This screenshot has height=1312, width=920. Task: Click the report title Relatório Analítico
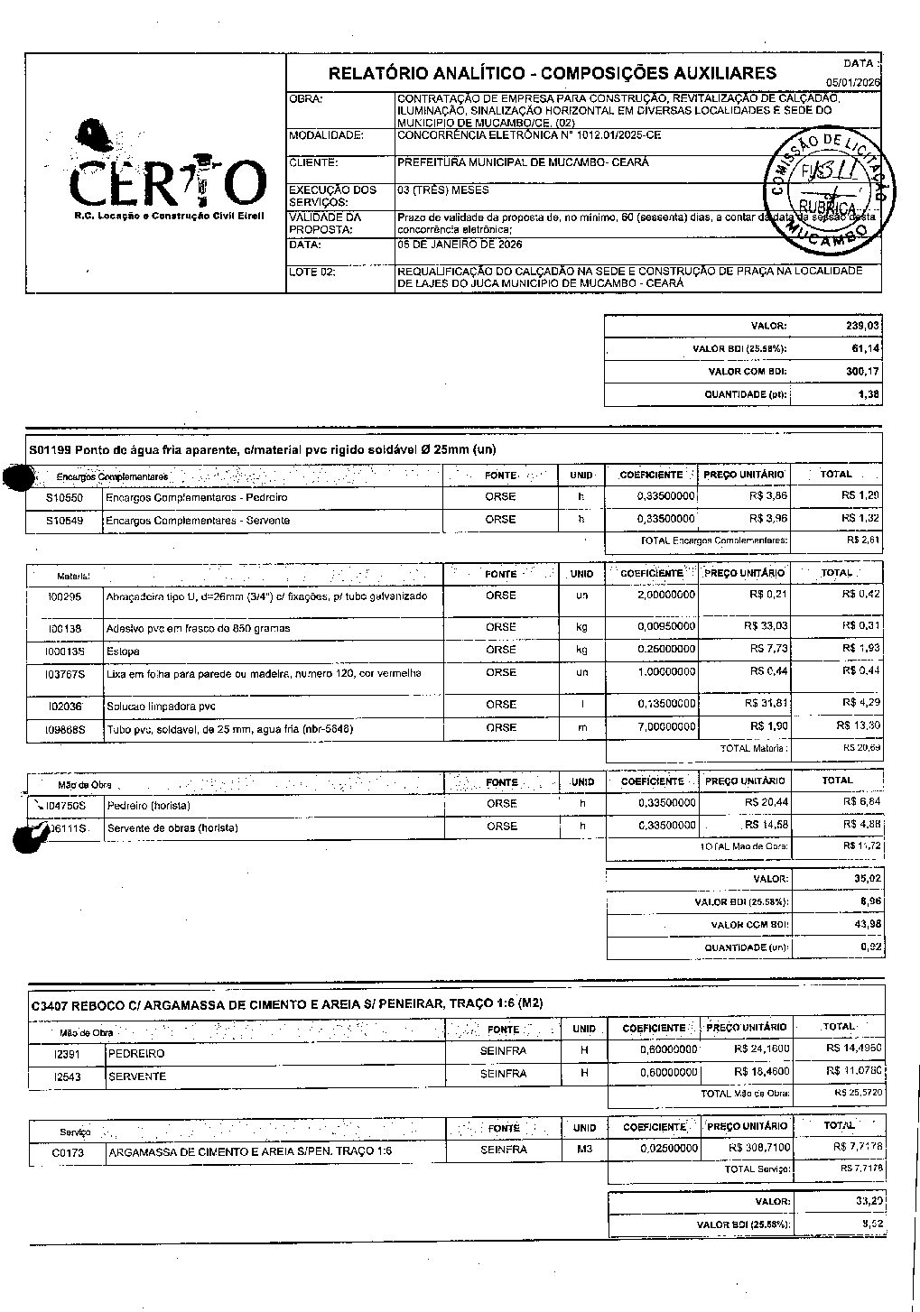552,74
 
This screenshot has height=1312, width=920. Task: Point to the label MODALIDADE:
326,135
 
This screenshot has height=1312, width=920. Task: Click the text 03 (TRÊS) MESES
442,190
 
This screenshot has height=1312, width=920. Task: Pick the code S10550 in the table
65,497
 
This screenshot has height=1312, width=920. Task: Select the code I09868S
67,728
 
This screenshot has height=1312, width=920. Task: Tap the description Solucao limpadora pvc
162,707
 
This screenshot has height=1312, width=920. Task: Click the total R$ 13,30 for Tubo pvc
858,725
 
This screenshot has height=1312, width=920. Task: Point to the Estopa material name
123,651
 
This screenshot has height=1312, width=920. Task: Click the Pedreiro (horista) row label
148,805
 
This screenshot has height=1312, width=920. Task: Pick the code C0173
68,1152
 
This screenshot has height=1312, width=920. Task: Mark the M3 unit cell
583,1150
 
